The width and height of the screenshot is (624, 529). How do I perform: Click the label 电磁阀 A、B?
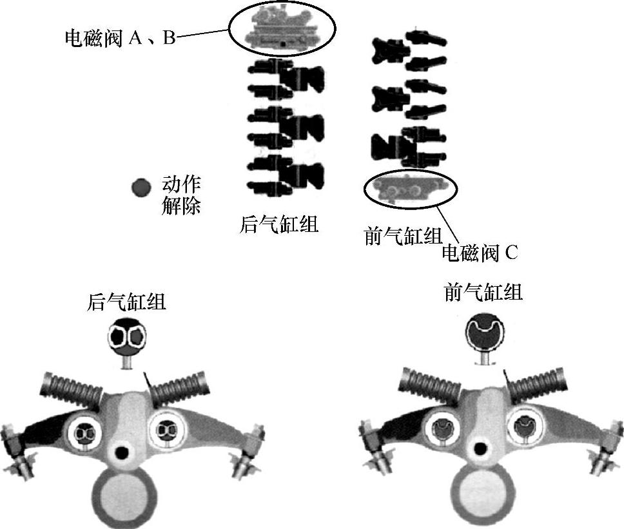(x=120, y=37)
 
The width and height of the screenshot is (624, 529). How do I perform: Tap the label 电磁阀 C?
(x=480, y=253)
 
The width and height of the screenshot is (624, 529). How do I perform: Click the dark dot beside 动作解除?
(x=141, y=188)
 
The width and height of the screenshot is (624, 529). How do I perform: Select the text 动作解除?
(x=181, y=197)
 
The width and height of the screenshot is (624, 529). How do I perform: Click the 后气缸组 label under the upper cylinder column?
(x=278, y=226)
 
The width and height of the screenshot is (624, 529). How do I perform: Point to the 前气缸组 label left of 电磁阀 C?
(x=403, y=236)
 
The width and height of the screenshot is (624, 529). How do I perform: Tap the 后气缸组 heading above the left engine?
(x=126, y=302)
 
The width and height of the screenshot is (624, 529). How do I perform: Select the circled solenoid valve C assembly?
(x=411, y=188)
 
